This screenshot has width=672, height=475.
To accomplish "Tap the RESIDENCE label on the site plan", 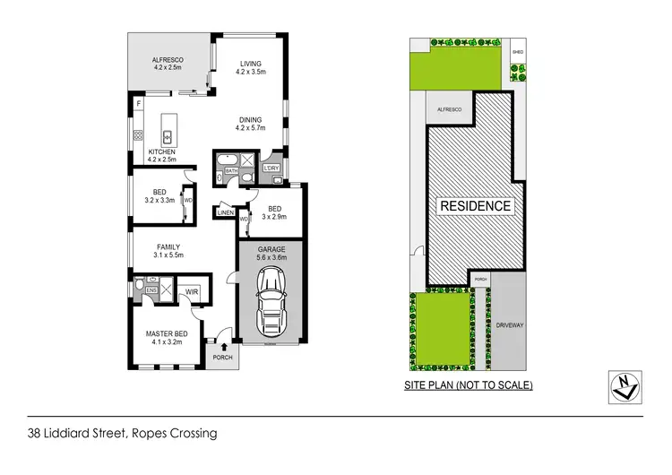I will pyautogui.click(x=475, y=205).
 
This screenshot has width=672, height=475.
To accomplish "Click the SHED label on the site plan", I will pyautogui.click(x=517, y=52).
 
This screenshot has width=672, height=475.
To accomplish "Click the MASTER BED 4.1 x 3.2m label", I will pyautogui.click(x=164, y=339).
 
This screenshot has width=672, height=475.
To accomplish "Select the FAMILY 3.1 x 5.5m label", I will pyautogui.click(x=169, y=251).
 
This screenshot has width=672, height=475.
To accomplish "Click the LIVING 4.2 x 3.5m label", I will pyautogui.click(x=249, y=68).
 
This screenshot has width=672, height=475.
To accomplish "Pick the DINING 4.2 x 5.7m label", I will pyautogui.click(x=250, y=124).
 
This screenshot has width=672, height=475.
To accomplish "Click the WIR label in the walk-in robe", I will pyautogui.click(x=191, y=291).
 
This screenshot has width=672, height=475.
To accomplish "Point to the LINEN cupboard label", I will pyautogui.click(x=225, y=212).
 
